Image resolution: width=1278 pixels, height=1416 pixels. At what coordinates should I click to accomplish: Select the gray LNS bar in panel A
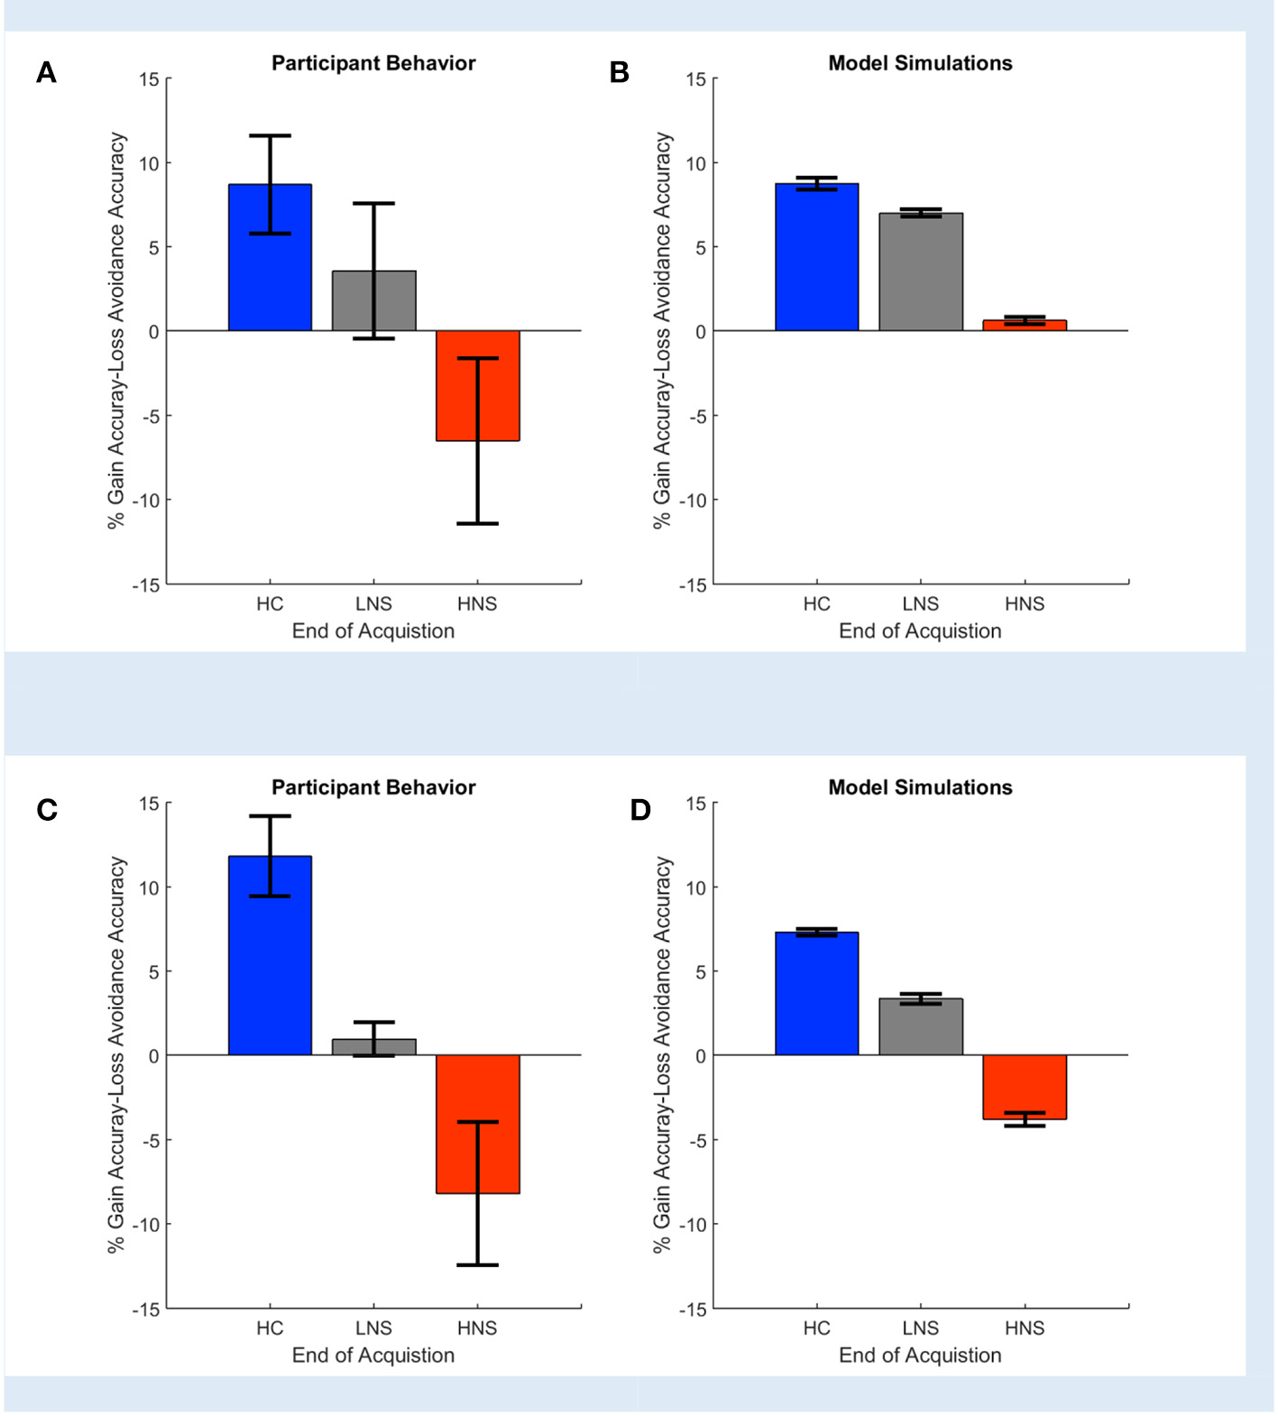tap(373, 301)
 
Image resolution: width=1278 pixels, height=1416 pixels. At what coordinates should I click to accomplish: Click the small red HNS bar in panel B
tap(1025, 326)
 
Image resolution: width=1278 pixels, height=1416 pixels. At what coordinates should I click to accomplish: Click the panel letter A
tap(46, 72)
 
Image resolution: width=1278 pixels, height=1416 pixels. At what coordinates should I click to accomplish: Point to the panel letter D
tap(640, 810)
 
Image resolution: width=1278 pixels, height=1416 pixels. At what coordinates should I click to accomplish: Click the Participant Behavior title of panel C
tap(373, 787)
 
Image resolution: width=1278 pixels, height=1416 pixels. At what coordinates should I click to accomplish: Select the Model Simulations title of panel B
tap(920, 63)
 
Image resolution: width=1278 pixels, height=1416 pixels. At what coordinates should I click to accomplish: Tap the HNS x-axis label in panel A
tap(477, 603)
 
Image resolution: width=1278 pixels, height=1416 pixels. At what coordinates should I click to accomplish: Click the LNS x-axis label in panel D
tap(921, 1328)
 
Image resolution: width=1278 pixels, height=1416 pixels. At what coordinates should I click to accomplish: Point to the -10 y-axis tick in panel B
tap(694, 501)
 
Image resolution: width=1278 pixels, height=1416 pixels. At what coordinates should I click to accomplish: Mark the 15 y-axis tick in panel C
tap(148, 804)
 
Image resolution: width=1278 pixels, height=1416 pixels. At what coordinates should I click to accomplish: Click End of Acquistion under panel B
tap(920, 630)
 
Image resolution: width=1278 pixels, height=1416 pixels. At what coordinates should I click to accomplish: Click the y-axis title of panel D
tap(663, 1054)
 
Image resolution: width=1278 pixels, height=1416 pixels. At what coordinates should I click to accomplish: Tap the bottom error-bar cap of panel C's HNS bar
tap(477, 1264)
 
